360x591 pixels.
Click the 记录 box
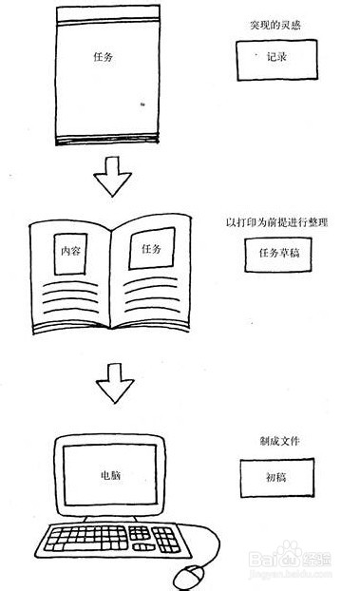click(x=275, y=58)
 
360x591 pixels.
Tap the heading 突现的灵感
click(x=275, y=23)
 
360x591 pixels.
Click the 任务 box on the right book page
click(x=152, y=248)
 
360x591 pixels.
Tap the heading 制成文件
click(x=275, y=441)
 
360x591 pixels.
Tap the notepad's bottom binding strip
click(x=102, y=138)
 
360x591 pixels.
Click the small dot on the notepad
click(x=142, y=104)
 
